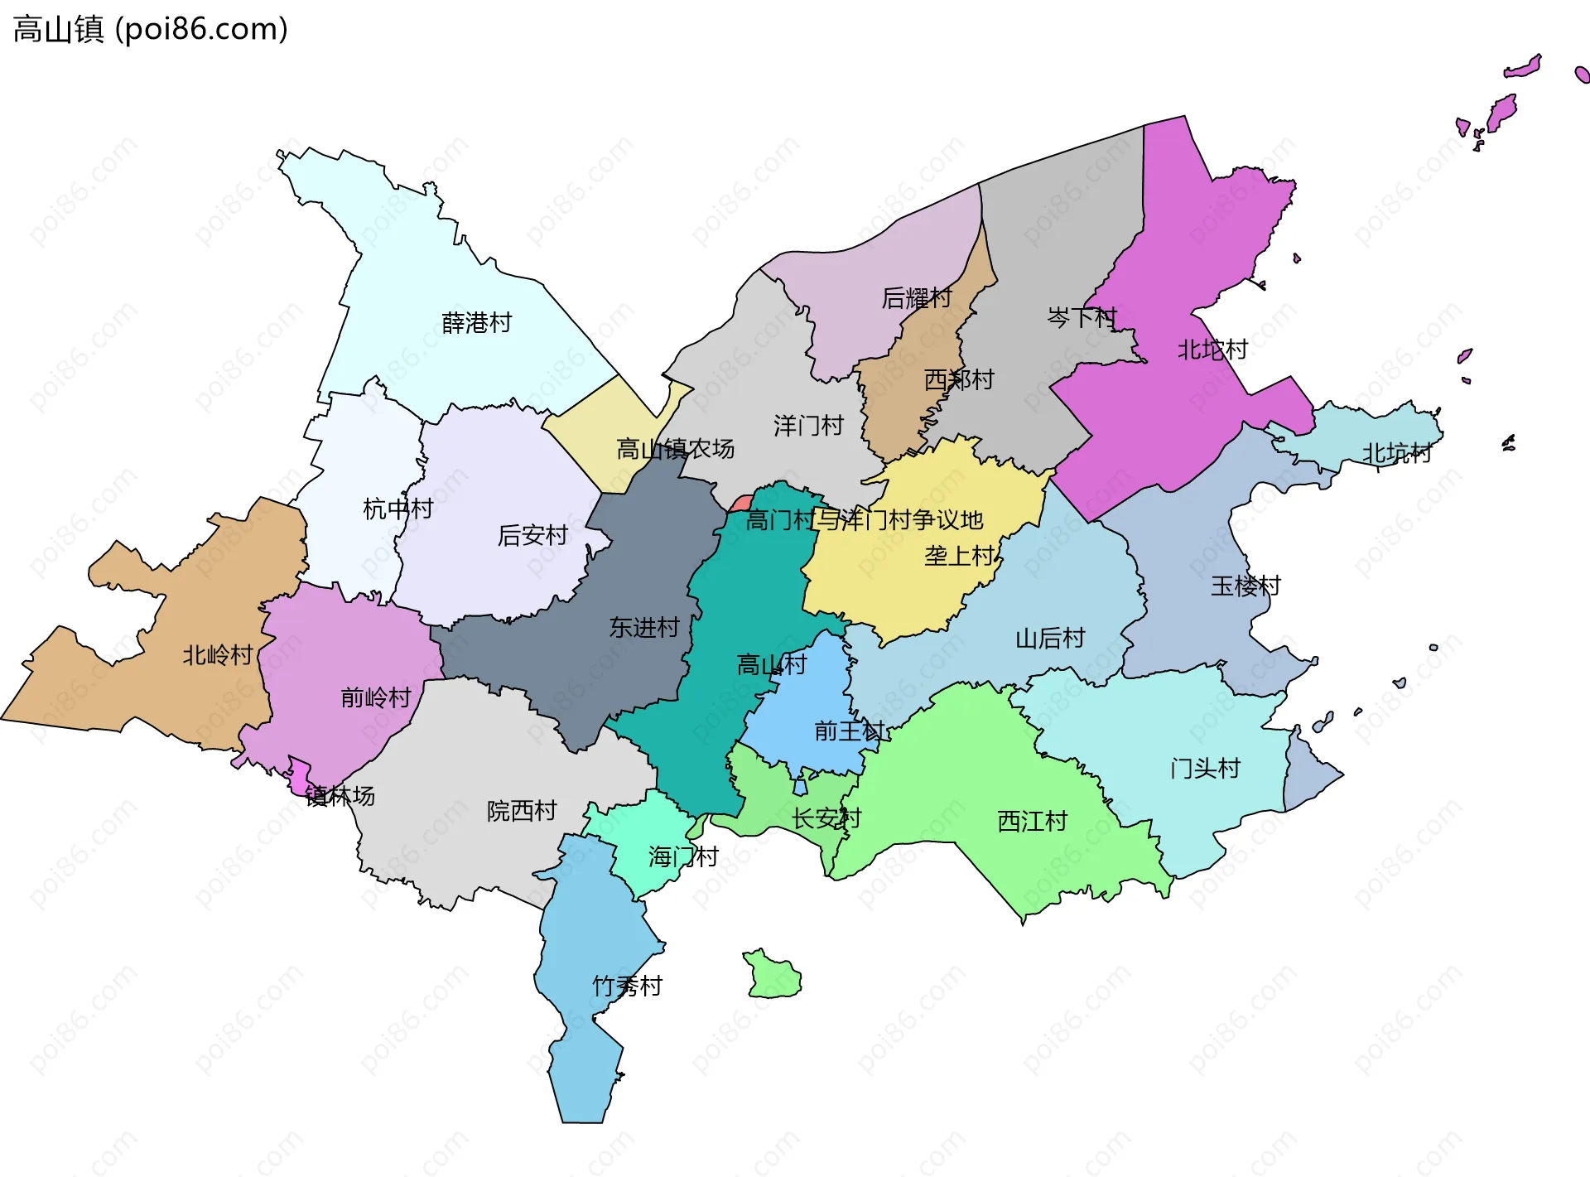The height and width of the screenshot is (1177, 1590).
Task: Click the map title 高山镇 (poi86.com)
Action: coord(150,29)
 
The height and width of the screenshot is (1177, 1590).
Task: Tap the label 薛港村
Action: coord(476,322)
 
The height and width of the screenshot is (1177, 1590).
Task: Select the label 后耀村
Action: coord(917,297)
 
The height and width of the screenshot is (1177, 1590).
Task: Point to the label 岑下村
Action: coord(1082,317)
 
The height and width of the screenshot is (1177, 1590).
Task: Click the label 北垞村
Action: coord(1212,350)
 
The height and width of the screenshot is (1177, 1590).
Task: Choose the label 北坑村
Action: coord(1397,453)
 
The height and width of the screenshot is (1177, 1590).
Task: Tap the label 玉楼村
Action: coord(1245,586)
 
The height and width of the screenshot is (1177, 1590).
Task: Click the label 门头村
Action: coord(1205,769)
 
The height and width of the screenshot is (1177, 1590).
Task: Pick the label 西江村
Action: coord(1032,821)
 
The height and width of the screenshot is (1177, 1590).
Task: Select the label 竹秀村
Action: coord(627,986)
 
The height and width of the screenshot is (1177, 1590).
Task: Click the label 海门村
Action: coord(682,856)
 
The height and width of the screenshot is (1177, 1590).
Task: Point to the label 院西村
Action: coord(522,811)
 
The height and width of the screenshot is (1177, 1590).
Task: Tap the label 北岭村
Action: coord(217,655)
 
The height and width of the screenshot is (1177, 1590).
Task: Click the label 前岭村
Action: coord(376,697)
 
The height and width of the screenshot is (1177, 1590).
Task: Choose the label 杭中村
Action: coord(397,509)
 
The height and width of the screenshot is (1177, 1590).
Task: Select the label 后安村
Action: coord(532,535)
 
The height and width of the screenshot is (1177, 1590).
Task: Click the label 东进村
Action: coord(644,627)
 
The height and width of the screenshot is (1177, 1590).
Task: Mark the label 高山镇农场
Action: coord(675,449)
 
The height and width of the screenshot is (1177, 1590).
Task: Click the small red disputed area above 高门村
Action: coord(740,504)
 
